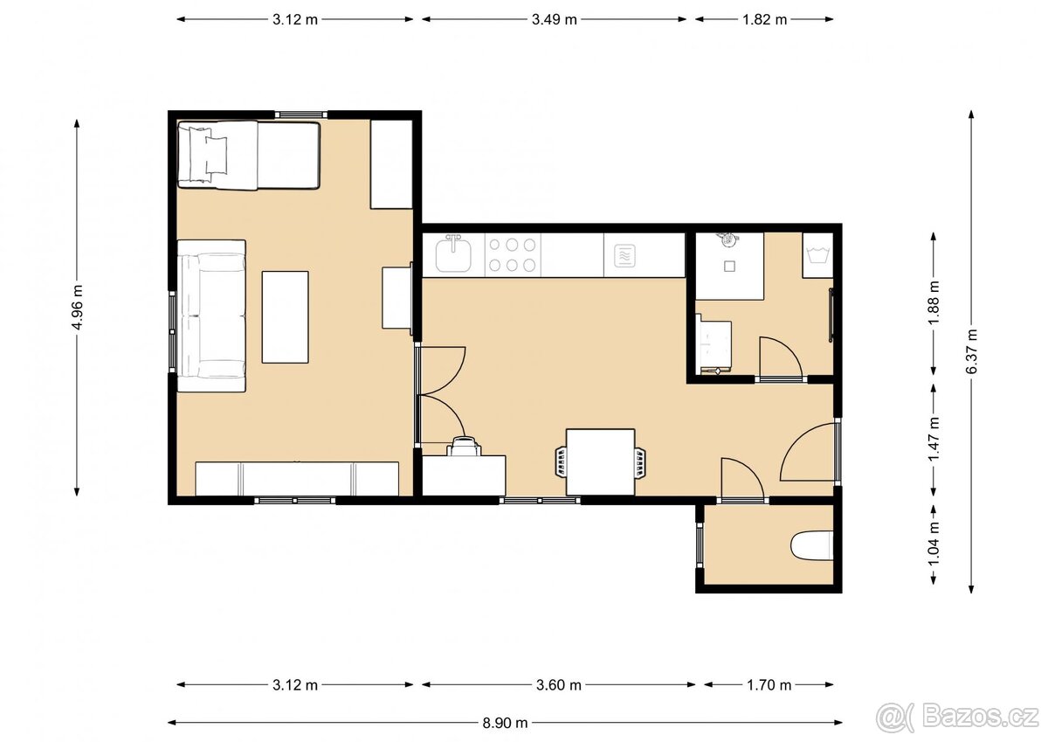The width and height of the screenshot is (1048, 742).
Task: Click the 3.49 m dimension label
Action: click(x=554, y=18)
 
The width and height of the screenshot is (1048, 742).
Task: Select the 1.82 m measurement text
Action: click(x=764, y=18)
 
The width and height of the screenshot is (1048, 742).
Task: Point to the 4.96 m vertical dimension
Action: click(x=78, y=308)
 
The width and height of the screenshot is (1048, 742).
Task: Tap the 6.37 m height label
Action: click(x=971, y=351)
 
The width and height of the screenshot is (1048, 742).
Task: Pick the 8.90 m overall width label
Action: click(x=505, y=723)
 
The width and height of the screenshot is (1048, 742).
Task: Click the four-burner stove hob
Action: click(x=512, y=254)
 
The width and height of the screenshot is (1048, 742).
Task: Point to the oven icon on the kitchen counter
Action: click(x=624, y=255)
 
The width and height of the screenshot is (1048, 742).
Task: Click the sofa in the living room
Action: click(x=211, y=316)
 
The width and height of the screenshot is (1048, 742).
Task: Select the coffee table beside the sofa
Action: click(x=286, y=316)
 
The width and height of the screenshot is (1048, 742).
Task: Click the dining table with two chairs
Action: click(x=600, y=461)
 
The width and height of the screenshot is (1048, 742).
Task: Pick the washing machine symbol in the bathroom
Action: click(x=817, y=256)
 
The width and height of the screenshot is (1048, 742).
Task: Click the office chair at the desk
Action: click(x=463, y=446)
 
